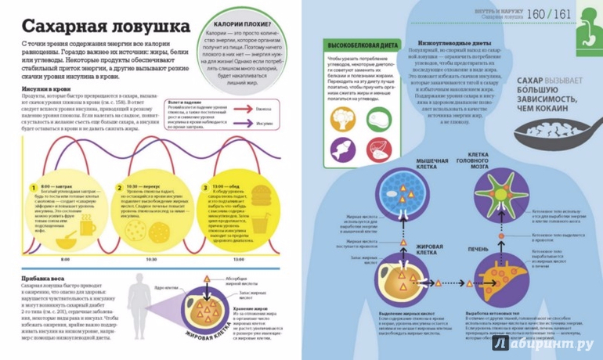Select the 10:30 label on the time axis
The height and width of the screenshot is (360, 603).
pyautogui.click(x=151, y=258)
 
